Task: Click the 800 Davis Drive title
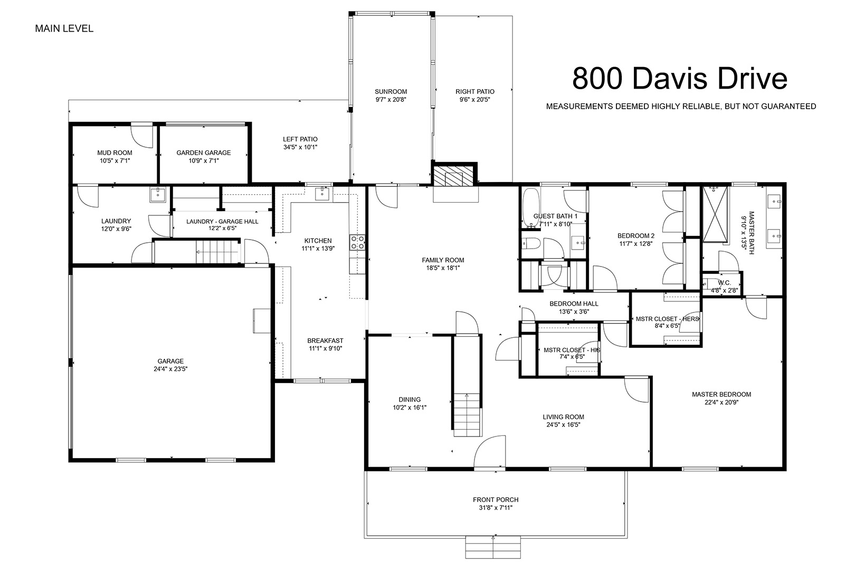(x=679, y=79)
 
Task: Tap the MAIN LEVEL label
(x=64, y=28)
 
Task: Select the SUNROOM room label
(x=391, y=92)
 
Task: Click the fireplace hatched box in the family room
(x=454, y=175)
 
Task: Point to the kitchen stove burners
(x=357, y=242)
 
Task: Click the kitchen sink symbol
(x=322, y=194)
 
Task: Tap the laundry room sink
(x=157, y=195)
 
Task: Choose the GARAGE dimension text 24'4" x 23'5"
(x=170, y=369)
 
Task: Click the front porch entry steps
(x=493, y=547)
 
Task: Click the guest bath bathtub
(x=530, y=208)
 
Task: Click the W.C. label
(x=724, y=283)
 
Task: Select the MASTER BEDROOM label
(x=721, y=394)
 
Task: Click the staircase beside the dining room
(x=467, y=415)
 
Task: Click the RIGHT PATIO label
(x=475, y=92)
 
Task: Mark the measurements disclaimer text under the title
(x=681, y=107)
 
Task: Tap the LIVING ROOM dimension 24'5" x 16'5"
(x=563, y=424)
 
